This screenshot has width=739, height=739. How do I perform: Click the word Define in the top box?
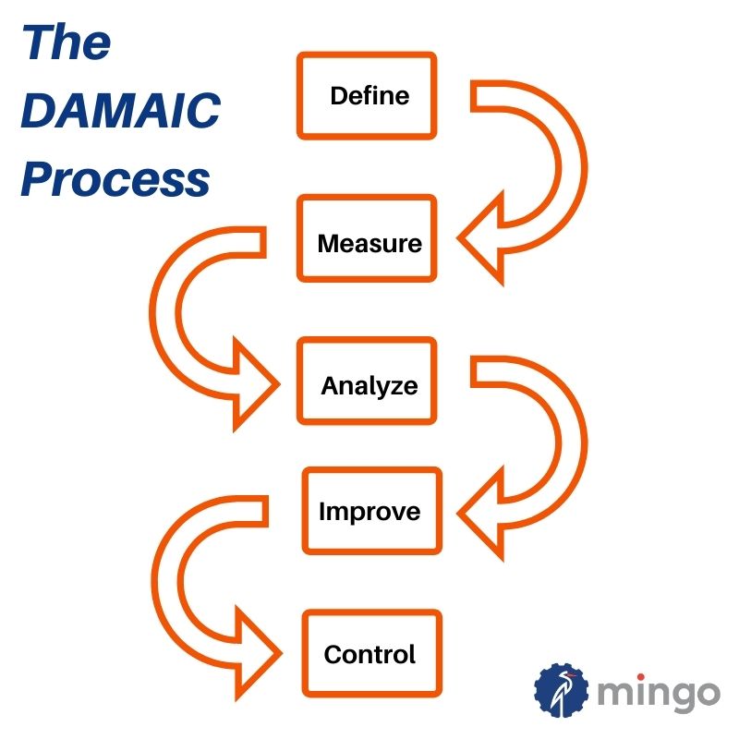(x=369, y=96)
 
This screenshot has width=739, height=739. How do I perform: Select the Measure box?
(x=367, y=238)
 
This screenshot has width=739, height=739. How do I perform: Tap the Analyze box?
(x=367, y=381)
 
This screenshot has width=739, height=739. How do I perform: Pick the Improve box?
(x=372, y=511)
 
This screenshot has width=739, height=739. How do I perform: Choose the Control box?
(x=372, y=654)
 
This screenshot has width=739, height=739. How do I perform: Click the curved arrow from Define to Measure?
(x=574, y=167)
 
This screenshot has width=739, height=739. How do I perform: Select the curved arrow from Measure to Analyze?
(x=163, y=312)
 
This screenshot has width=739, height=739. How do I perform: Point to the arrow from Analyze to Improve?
(x=574, y=443)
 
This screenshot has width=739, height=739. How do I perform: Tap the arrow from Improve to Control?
(x=165, y=581)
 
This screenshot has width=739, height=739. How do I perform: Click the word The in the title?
(x=67, y=42)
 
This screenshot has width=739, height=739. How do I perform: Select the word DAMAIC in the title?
(x=121, y=110)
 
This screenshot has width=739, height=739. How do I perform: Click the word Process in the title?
(x=115, y=179)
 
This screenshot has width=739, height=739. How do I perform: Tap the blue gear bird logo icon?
(x=561, y=690)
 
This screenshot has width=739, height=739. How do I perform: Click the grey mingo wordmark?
(x=659, y=694)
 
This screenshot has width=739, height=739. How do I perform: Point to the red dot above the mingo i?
(x=641, y=678)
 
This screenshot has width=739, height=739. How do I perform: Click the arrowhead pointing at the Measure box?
(x=480, y=238)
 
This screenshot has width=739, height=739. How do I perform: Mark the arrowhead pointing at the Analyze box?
(x=257, y=384)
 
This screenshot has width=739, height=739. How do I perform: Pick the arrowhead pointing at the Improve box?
(x=480, y=514)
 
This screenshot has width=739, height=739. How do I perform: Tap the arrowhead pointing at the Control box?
(x=259, y=653)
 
